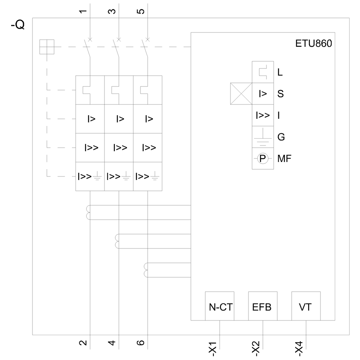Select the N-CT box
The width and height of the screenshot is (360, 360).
click(220, 306)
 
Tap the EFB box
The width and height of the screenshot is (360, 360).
click(263, 306)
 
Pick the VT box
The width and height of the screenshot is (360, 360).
click(306, 306)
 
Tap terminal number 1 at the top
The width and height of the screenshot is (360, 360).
click(84, 11)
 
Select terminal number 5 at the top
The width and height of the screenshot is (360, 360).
click(141, 11)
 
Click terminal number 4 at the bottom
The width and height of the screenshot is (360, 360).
click(112, 342)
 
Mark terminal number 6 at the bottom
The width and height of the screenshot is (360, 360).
click(141, 342)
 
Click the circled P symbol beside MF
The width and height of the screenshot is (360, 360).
click(262, 158)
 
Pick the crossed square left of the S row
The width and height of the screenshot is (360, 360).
click(241, 94)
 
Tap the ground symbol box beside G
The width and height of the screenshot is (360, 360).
click(262, 137)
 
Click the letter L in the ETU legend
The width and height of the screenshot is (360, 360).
click(280, 72)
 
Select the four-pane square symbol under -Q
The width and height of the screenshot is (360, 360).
click(47, 47)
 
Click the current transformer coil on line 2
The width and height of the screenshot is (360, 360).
click(88, 212)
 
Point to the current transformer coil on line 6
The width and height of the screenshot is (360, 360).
click(146, 270)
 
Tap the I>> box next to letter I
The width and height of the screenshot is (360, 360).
click(262, 115)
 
